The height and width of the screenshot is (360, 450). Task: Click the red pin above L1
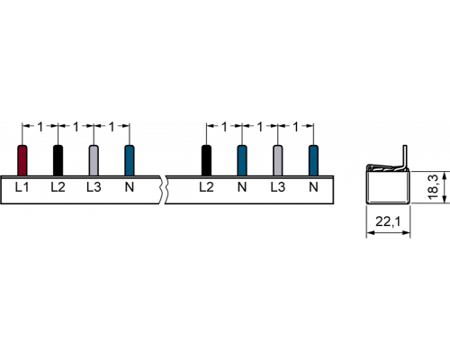point(22,160)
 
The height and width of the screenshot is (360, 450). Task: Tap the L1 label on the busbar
point(22,187)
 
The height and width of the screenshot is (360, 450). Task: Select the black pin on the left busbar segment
point(58,160)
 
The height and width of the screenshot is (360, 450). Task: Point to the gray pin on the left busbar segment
point(94,160)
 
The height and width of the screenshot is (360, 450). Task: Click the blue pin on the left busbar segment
point(130,160)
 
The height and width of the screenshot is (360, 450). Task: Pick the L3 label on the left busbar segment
point(94,187)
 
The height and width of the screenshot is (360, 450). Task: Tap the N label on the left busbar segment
point(130,187)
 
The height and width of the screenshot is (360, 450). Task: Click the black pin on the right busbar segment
point(206,160)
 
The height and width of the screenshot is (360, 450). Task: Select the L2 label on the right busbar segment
point(206,187)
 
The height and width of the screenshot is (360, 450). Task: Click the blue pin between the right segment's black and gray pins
point(242,160)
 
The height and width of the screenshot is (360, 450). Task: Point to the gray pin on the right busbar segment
point(278,160)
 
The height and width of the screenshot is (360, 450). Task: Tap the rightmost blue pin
point(313,160)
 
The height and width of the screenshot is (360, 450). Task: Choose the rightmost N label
point(313,187)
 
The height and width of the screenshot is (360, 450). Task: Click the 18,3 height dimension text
point(434,188)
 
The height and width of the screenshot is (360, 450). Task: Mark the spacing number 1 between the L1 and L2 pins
point(40,127)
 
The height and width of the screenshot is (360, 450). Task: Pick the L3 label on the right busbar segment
point(278,187)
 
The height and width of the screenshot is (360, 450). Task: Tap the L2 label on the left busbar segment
point(58,187)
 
